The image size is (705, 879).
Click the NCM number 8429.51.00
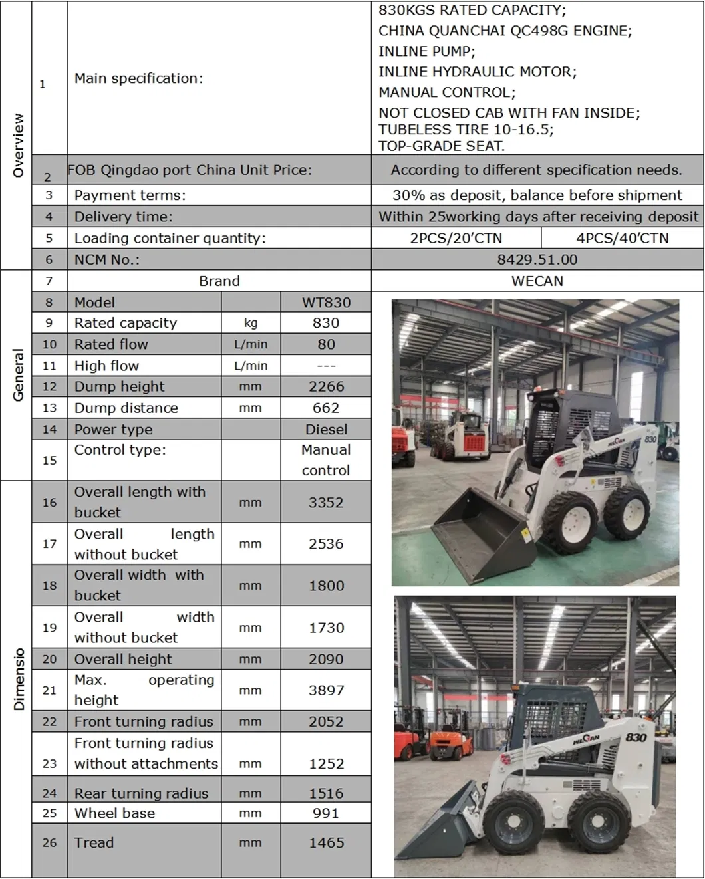click(x=537, y=259)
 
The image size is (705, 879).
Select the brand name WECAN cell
click(x=537, y=281)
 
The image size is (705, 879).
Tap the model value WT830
click(x=326, y=302)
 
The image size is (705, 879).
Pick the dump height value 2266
click(x=326, y=386)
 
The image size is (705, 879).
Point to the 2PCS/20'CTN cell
click(x=456, y=238)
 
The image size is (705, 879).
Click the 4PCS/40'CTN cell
click(x=622, y=238)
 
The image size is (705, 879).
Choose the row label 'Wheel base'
click(x=114, y=813)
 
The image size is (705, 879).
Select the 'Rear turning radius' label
click(x=141, y=793)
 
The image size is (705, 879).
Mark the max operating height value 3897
click(x=326, y=690)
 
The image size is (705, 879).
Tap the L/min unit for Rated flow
click(x=251, y=344)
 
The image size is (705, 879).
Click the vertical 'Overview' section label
click(x=17, y=145)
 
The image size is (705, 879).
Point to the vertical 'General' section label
click(x=17, y=375)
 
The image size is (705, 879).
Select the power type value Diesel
click(x=326, y=429)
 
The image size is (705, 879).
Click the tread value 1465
click(x=326, y=842)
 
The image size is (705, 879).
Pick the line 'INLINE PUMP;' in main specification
click(x=427, y=51)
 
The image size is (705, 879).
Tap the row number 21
click(x=49, y=690)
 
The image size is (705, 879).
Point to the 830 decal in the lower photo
click(x=636, y=737)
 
